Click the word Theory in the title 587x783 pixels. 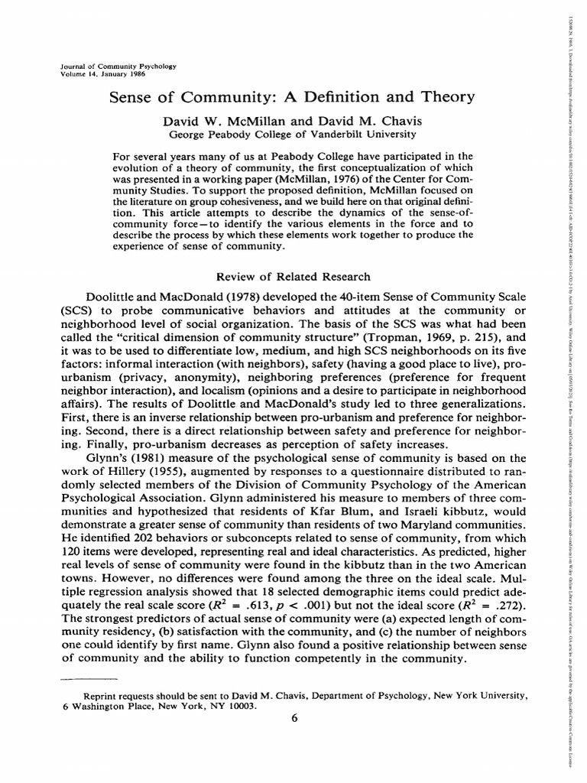(x=444, y=97)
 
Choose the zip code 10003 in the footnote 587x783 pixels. (x=242, y=706)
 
